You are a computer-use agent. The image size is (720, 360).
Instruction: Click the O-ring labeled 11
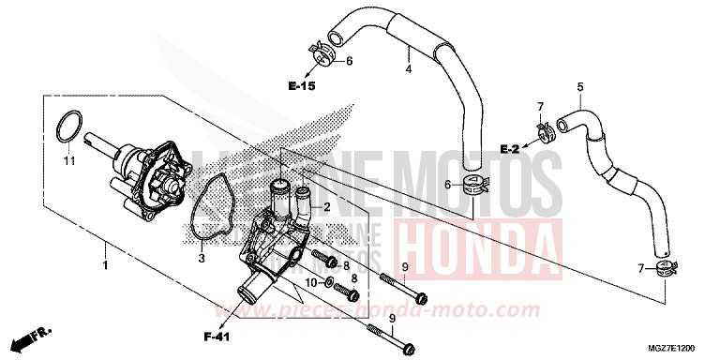67,127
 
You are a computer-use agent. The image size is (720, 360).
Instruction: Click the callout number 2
326,205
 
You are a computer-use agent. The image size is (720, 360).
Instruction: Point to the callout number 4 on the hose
408,68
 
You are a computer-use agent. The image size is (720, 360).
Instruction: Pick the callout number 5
580,88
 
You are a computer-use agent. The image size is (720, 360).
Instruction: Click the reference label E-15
303,85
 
